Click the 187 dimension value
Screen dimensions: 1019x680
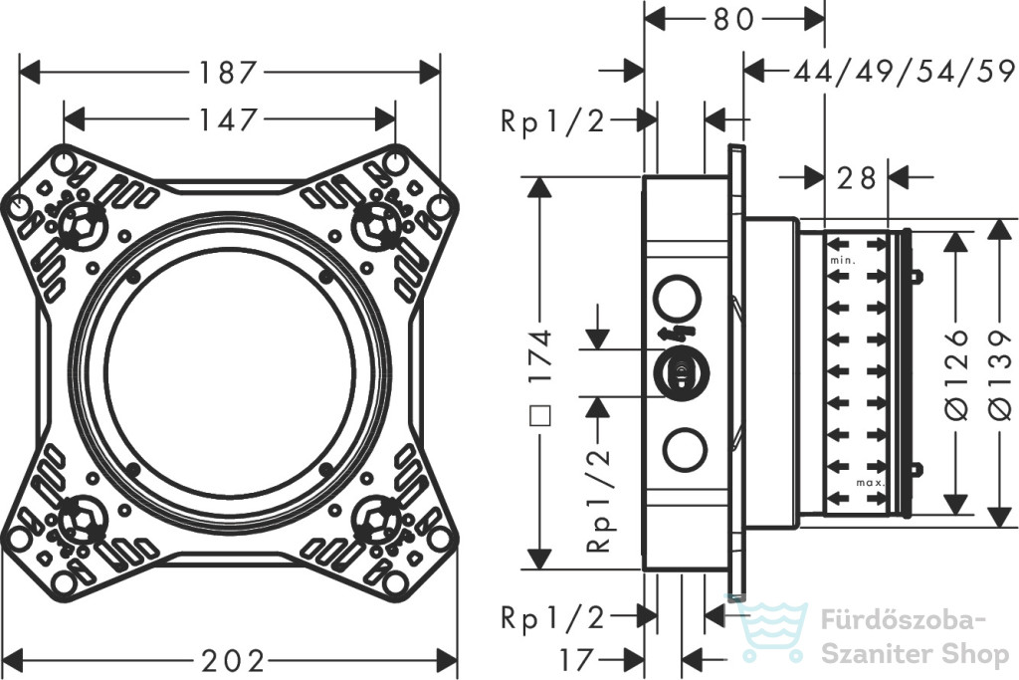(x=229, y=72)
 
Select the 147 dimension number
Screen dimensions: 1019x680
(x=229, y=119)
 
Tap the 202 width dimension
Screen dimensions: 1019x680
(x=233, y=661)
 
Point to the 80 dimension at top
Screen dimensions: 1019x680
(x=734, y=20)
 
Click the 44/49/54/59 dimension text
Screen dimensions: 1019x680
(x=904, y=71)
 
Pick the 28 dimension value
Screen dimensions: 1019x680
(x=856, y=177)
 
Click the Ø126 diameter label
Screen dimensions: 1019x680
(x=956, y=373)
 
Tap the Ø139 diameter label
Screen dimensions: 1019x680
(x=1001, y=373)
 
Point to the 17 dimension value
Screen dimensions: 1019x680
(x=576, y=660)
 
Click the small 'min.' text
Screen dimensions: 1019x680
(x=842, y=261)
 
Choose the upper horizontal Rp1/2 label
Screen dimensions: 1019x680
(x=552, y=120)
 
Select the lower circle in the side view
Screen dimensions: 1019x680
(x=685, y=449)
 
